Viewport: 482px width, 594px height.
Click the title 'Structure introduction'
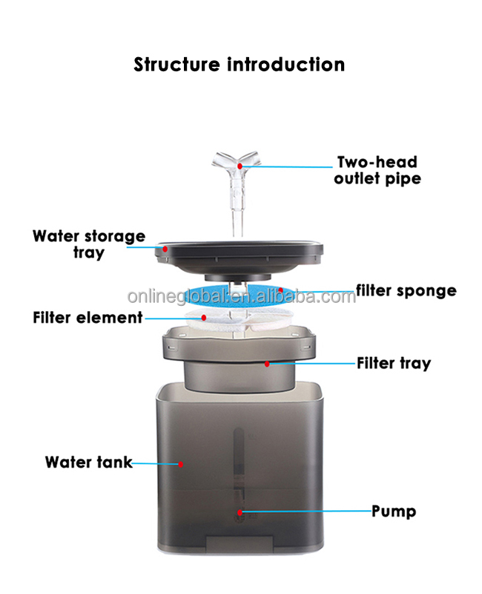[x=239, y=65]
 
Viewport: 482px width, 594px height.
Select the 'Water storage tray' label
[x=89, y=244]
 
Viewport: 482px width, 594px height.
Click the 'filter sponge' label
[x=406, y=290]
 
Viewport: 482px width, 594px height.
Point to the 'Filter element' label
[x=88, y=318]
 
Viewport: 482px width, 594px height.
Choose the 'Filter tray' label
[x=393, y=363]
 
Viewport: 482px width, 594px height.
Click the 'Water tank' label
[x=88, y=462]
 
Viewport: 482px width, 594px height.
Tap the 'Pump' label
[x=393, y=512]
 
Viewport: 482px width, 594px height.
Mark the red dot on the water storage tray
[x=165, y=249]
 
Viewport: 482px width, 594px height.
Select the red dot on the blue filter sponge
[x=281, y=290]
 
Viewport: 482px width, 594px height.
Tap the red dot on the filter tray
[x=267, y=363]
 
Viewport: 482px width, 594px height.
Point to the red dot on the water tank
[x=180, y=464]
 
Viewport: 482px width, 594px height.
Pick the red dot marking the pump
[x=240, y=512]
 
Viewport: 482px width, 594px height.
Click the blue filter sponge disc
[x=222, y=297]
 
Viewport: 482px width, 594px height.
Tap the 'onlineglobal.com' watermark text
[x=241, y=297]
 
